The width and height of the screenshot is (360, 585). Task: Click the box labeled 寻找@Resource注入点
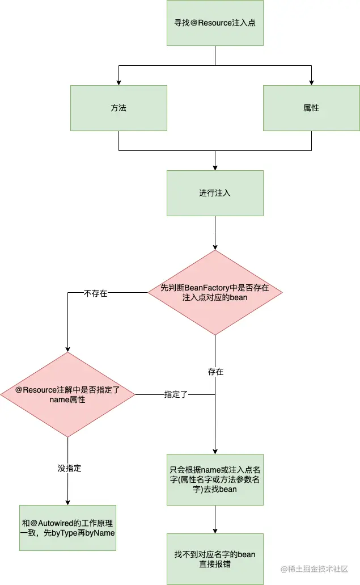(x=215, y=23)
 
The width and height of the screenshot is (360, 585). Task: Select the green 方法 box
(x=118, y=108)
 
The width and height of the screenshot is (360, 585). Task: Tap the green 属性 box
(x=311, y=108)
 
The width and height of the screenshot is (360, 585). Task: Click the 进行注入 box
(x=215, y=193)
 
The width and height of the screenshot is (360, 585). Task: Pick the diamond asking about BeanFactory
(x=215, y=293)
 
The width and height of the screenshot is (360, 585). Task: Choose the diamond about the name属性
(x=67, y=394)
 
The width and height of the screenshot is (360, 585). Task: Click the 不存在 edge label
(x=95, y=293)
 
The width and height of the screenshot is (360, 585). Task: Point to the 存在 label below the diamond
(x=215, y=372)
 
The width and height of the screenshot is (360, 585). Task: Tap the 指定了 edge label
(x=176, y=394)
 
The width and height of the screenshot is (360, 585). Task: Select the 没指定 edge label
(x=69, y=468)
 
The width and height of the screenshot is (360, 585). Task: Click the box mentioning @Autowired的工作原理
(x=67, y=528)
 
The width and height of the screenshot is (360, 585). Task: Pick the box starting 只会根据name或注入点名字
(x=215, y=479)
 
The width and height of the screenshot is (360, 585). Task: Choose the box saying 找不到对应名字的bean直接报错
(x=215, y=559)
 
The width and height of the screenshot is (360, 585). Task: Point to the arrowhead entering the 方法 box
(x=118, y=82)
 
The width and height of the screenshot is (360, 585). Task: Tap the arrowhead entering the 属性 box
(x=311, y=82)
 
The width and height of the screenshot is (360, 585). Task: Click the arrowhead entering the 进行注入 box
(x=215, y=167)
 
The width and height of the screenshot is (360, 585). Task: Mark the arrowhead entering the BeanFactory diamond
(x=215, y=247)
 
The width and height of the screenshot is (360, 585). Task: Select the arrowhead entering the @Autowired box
(x=67, y=502)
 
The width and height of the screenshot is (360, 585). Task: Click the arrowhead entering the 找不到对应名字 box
(x=215, y=531)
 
